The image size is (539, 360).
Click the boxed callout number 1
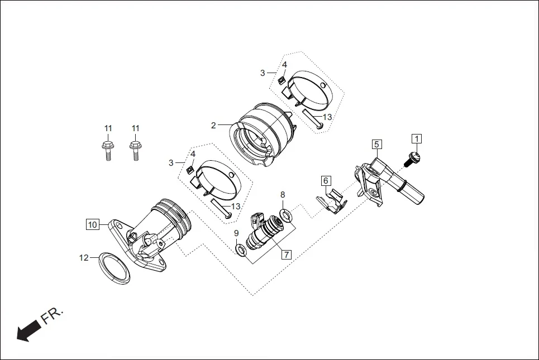pyautogui.click(x=417, y=138)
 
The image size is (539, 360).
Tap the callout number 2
pyautogui.click(x=213, y=126)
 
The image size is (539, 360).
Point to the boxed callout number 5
pyautogui.click(x=377, y=144)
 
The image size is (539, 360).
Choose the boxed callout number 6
pyautogui.click(x=326, y=180)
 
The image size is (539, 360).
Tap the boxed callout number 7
pyautogui.click(x=286, y=255)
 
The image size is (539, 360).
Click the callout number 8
pyautogui.click(x=283, y=195)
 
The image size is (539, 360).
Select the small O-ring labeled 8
pyautogui.click(x=287, y=215)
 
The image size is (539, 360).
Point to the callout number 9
pyautogui.click(x=236, y=233)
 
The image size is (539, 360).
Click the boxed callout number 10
pyautogui.click(x=92, y=224)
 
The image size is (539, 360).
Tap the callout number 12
pyautogui.click(x=84, y=257)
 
